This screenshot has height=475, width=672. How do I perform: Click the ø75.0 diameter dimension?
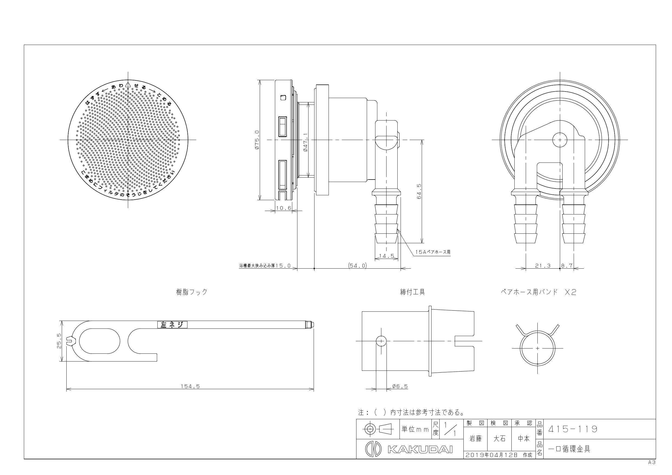tap(257, 140)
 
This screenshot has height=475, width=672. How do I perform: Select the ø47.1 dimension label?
tap(306, 142)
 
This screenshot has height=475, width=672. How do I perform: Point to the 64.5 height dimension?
tap(419, 191)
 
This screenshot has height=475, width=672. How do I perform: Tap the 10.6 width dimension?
tap(284, 208)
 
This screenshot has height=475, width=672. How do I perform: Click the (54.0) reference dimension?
tap(357, 265)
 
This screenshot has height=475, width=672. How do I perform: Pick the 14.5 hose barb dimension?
tap(387, 256)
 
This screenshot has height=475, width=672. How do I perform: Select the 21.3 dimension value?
tap(543, 266)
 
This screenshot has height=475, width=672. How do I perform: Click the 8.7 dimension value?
tap(567, 266)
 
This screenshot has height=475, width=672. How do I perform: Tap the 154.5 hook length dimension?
tap(190, 386)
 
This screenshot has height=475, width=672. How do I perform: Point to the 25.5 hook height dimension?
tap(59, 341)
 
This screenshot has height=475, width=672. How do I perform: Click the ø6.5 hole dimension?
tap(400, 386)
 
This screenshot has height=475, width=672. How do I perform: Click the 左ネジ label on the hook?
tap(172, 325)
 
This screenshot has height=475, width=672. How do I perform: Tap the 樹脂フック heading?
tap(192, 292)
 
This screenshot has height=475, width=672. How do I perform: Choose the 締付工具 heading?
tap(413, 292)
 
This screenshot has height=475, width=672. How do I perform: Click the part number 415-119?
tap(573, 429)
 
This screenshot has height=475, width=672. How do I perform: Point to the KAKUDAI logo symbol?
tap(373, 449)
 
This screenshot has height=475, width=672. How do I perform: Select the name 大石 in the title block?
tap(499, 439)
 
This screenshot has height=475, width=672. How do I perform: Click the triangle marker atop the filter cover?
tap(128, 84)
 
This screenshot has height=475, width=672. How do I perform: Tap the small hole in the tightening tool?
tap(381, 341)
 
